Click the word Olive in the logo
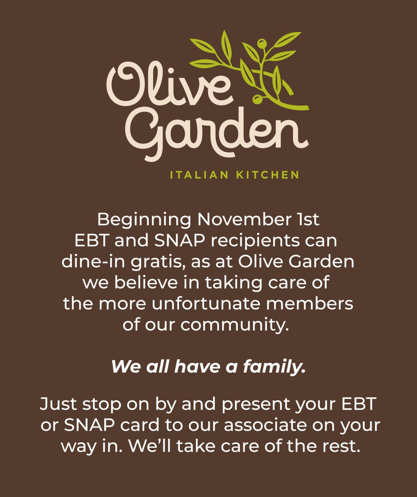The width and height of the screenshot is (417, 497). coord(170,84)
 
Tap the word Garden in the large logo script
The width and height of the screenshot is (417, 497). coord(217,133)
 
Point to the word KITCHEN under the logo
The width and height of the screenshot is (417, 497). coord(268,175)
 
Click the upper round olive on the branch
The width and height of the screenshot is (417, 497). coord(262,44)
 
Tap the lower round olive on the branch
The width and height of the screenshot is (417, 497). coord(257,99)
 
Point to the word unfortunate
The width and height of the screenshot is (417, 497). coord(206,304)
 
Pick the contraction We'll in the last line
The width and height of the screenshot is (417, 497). coord(150,445)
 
